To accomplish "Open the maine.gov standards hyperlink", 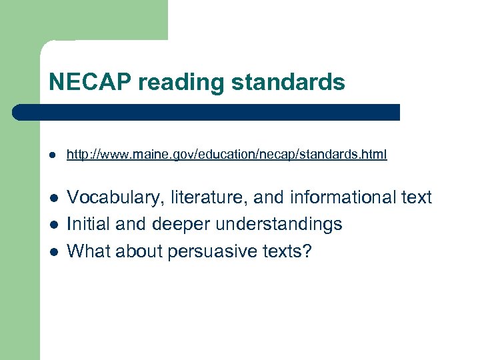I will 227,155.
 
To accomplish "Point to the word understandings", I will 281,225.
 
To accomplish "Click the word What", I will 89,251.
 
